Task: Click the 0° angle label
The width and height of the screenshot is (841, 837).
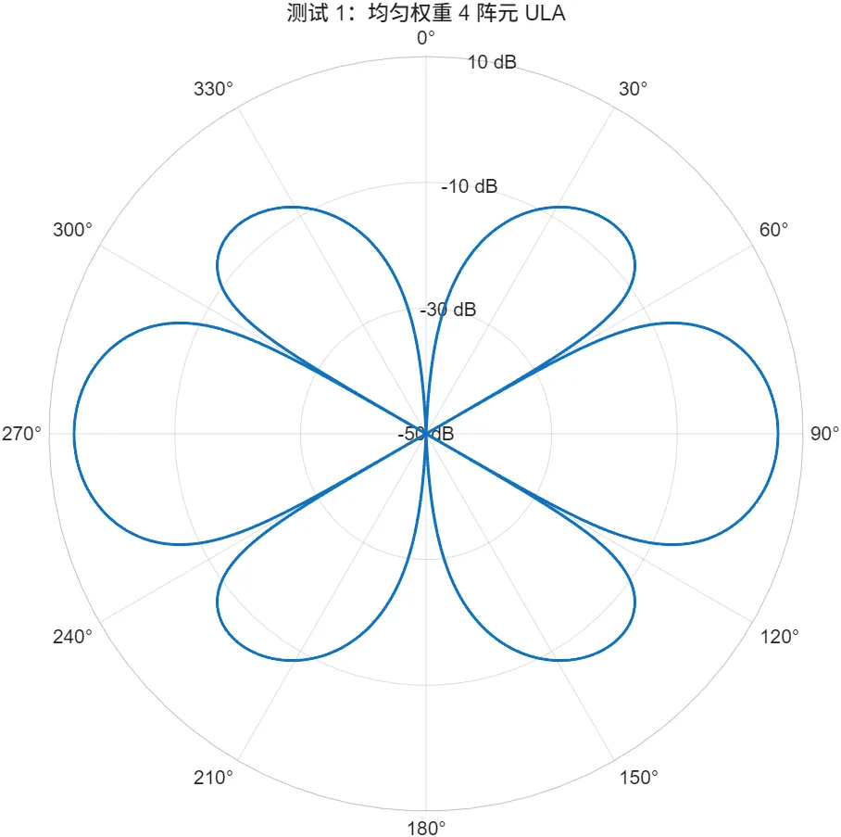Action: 425,38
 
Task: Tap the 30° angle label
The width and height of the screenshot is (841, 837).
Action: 634,90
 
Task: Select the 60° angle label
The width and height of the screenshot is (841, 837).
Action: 773,229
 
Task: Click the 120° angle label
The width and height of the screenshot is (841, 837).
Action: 778,637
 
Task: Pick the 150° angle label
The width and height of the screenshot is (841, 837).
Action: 638,777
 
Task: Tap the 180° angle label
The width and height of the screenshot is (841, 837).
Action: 425,828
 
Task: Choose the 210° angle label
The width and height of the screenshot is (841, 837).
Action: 214,777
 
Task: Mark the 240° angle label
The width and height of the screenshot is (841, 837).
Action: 72,637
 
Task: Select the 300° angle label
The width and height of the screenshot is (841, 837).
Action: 72,229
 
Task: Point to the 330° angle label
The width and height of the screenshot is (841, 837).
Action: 214,90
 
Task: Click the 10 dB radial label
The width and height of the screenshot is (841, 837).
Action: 492,63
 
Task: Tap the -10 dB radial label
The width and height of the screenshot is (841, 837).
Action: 469,187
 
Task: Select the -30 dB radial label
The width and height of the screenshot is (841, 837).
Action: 448,310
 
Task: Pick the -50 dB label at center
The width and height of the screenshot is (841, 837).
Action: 426,434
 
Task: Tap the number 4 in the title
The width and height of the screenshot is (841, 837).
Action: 463,14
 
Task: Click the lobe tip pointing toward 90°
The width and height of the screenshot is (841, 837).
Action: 777,433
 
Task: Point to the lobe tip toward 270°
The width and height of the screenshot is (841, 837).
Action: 74,433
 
